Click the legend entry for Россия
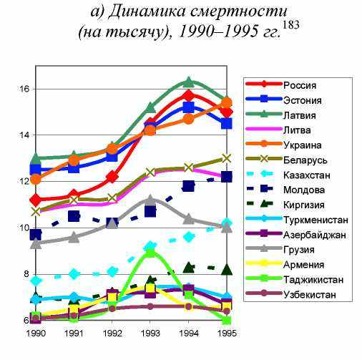[x=300, y=85]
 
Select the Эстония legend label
[x=303, y=100]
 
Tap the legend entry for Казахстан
[x=307, y=175]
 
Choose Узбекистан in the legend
[x=310, y=295]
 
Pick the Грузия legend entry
[x=299, y=250]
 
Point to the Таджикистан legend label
[x=313, y=280]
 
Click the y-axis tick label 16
[x=24, y=89]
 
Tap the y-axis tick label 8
[x=26, y=274]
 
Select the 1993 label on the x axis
[x=150, y=333]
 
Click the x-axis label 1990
[x=36, y=333]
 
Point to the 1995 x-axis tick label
[x=227, y=333]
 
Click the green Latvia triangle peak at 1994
[x=189, y=82]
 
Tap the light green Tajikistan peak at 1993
[x=150, y=253]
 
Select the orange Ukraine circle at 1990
[x=36, y=179]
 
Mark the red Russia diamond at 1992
[x=112, y=177]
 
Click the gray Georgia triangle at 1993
[x=150, y=200]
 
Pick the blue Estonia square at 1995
[x=227, y=124]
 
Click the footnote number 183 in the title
[x=291, y=25]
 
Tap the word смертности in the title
[x=239, y=11]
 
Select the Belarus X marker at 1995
[x=227, y=158]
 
